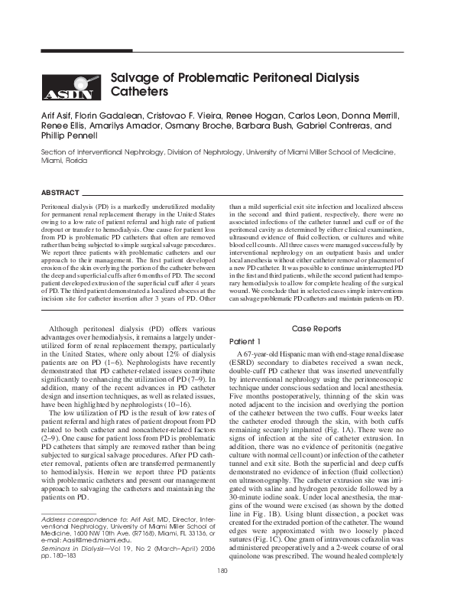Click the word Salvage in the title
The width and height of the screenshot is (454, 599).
click(x=140, y=78)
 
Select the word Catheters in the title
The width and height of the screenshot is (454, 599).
click(x=139, y=93)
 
